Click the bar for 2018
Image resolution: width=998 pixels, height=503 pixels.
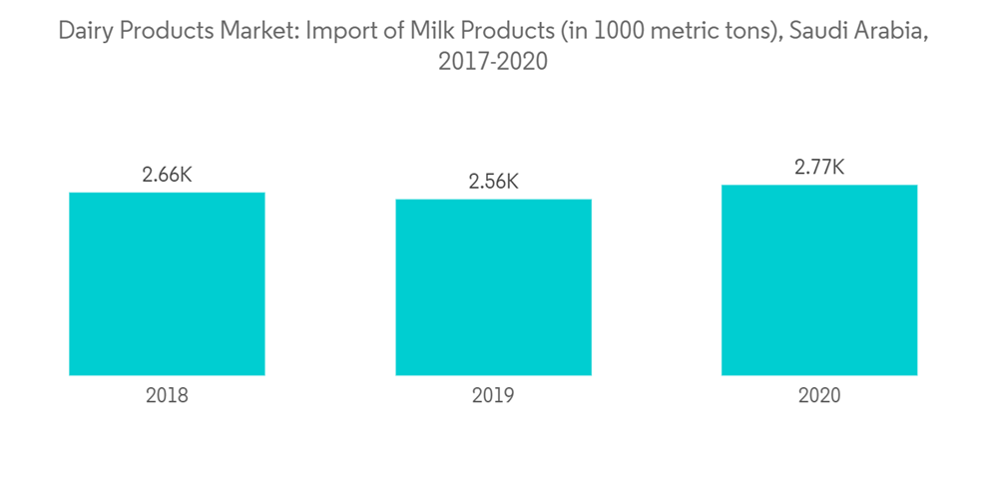[167, 283]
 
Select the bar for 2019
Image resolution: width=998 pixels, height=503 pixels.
[493, 287]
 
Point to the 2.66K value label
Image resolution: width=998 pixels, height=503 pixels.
[167, 175]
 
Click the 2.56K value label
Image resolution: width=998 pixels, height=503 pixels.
[493, 182]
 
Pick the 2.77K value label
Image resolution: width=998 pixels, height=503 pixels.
[819, 168]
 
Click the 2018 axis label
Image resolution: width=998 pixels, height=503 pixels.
[167, 395]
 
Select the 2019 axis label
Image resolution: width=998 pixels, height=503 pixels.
[493, 395]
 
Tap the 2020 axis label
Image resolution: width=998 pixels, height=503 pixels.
[819, 395]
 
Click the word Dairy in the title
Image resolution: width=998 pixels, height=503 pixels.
[83, 31]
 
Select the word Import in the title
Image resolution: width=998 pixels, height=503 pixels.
[336, 31]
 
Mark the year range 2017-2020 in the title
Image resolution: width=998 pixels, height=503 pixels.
[493, 62]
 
